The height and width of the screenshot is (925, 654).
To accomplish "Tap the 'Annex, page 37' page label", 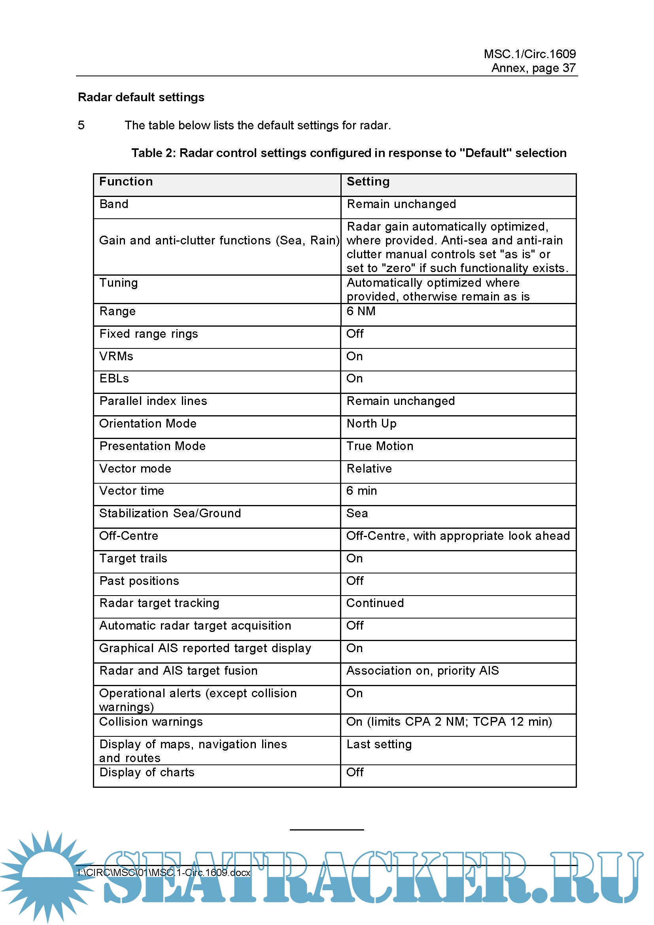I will pyautogui.click(x=533, y=68).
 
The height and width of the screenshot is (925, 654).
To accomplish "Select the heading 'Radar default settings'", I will pyautogui.click(x=141, y=97).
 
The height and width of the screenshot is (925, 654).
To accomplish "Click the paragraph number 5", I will pyautogui.click(x=81, y=125).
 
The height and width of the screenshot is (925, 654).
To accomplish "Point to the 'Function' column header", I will pyautogui.click(x=126, y=182).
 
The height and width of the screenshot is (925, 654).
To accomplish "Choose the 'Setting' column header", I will pyautogui.click(x=368, y=182).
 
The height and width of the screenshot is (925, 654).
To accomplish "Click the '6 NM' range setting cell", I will pyautogui.click(x=361, y=311).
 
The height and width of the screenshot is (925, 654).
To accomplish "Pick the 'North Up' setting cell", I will pyautogui.click(x=371, y=424).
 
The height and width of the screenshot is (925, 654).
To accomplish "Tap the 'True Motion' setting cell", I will pyautogui.click(x=380, y=446).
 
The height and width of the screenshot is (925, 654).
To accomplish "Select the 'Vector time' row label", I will pyautogui.click(x=132, y=491).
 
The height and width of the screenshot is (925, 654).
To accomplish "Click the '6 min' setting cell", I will pyautogui.click(x=362, y=491).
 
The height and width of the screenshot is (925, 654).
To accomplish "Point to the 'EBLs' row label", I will pyautogui.click(x=114, y=378).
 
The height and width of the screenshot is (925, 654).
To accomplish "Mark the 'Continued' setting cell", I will pyautogui.click(x=375, y=603).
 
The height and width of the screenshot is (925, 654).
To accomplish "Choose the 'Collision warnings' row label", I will pyautogui.click(x=151, y=722).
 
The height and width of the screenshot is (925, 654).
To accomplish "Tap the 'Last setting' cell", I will pyautogui.click(x=379, y=744).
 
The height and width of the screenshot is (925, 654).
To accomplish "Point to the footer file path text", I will pyautogui.click(x=164, y=873).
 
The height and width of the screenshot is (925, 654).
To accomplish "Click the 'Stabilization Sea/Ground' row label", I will pyautogui.click(x=170, y=513).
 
